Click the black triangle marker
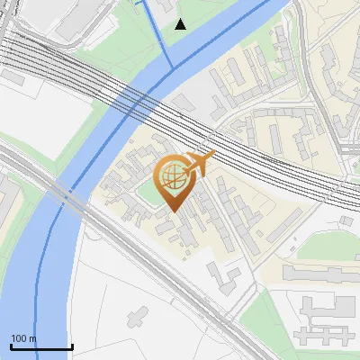181,23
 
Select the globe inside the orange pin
171,175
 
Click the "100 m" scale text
23,338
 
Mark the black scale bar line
41,346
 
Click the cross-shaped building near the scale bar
138,316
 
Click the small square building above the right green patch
346,220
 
